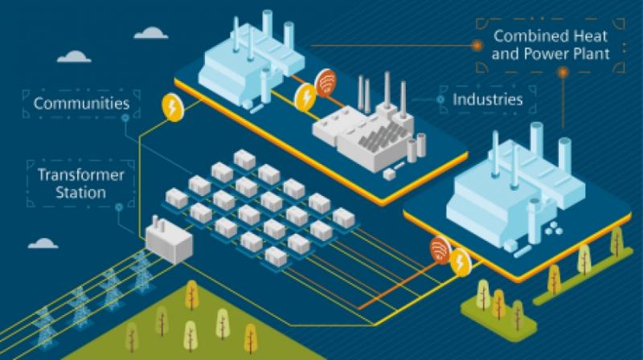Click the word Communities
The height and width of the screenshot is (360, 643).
[x=82, y=104]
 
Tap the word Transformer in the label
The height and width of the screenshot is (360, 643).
[x=81, y=175]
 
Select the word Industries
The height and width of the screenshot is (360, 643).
[x=488, y=100]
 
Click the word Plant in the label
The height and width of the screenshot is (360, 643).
[x=589, y=54]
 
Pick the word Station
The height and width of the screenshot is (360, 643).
[x=81, y=193]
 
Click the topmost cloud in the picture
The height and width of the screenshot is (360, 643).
[x=151, y=33]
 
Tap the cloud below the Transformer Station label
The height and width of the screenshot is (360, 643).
[x=43, y=243]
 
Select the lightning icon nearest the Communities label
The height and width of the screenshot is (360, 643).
[x=172, y=108]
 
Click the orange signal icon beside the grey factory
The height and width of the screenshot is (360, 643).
[x=326, y=83]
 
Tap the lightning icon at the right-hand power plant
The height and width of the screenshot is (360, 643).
[x=460, y=262]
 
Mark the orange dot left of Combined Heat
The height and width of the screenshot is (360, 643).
[x=477, y=46]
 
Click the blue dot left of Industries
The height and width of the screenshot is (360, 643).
[x=440, y=100]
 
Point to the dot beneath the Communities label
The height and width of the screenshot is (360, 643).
[x=125, y=118]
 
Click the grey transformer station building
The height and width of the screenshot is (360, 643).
[x=169, y=240]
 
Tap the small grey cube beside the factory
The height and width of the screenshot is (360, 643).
[x=389, y=174]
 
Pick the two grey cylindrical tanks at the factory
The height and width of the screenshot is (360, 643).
[x=416, y=149]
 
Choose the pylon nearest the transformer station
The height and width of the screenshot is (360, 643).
[x=141, y=272]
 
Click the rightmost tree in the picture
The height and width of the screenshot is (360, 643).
[x=616, y=241]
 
